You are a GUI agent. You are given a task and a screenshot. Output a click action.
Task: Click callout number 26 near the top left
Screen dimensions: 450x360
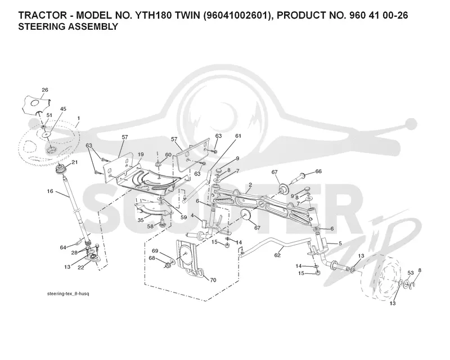(45, 90)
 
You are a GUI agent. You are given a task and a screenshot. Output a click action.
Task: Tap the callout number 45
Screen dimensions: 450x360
(63, 109)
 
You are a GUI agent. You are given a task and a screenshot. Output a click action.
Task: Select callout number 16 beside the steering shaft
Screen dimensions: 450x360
(50, 191)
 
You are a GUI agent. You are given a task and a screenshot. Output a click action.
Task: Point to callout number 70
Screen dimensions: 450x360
(213, 280)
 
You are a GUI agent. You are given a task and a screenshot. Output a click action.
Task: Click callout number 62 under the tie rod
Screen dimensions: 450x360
(277, 255)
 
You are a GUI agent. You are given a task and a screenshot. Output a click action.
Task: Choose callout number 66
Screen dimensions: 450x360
(318, 172)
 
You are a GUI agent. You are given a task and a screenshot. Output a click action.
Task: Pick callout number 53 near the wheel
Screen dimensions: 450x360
(411, 273)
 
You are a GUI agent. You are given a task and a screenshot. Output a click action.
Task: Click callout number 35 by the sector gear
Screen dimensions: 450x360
(141, 220)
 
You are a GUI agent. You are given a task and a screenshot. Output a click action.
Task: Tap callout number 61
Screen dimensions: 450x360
(238, 136)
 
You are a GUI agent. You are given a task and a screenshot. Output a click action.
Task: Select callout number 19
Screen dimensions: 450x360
(140, 155)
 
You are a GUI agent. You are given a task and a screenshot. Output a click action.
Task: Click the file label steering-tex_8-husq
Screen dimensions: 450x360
(68, 294)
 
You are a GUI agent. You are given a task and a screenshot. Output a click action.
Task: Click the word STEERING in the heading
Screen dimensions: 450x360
(42, 26)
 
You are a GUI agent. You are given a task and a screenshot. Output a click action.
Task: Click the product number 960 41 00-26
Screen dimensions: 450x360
(379, 15)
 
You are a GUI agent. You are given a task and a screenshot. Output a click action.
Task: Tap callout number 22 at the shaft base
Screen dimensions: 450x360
(81, 267)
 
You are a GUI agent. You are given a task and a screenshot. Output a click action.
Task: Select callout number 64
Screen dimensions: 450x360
(63, 247)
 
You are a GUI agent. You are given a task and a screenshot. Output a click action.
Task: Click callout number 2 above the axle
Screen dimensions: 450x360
(250, 185)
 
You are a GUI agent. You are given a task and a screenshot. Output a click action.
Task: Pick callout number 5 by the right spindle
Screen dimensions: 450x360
(340, 244)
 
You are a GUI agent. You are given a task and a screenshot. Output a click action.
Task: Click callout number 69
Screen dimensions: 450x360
(155, 251)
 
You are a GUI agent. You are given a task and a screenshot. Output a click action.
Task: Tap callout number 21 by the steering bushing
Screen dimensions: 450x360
(75, 163)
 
